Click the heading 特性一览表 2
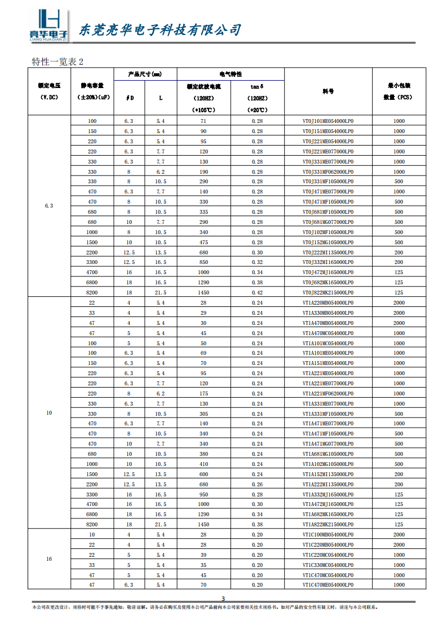point(58,61)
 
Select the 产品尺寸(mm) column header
point(145,74)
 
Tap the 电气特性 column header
point(231,74)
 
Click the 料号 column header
point(328,91)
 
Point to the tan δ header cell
point(257,87)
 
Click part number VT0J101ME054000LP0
point(328,121)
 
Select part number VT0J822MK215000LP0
point(328,293)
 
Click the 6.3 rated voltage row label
point(49,206)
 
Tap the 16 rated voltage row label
point(49,559)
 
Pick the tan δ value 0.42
point(257,293)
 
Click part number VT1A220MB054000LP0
point(328,303)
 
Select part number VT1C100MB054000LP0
point(328,534)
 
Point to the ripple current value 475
point(203,243)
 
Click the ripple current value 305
point(203,414)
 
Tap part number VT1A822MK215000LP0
point(328,524)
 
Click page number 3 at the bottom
point(223,599)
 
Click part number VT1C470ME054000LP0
point(328,585)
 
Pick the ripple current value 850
point(203,262)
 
